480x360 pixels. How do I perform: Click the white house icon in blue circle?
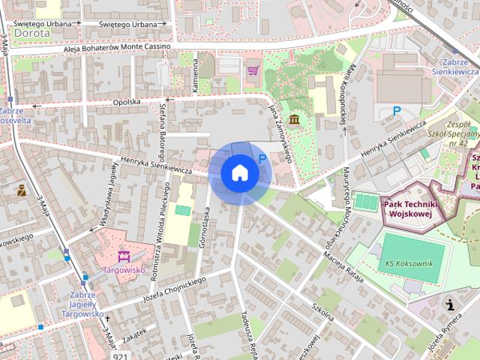240,173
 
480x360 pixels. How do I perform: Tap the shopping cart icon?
253,70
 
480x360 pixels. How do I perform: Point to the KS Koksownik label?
409,263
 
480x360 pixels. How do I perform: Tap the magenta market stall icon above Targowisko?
124,254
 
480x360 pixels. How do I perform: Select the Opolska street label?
127,101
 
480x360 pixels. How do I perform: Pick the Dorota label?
32,33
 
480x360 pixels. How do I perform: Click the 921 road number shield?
120,355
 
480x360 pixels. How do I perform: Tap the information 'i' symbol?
450,304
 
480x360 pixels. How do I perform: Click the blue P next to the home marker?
262,158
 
